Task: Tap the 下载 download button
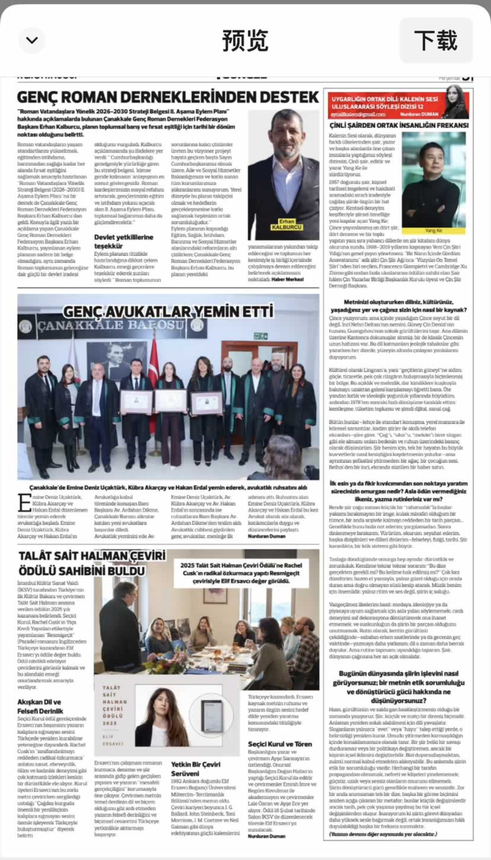436,40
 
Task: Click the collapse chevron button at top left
32,40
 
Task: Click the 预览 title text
245,40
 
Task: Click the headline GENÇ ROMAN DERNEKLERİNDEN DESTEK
168,97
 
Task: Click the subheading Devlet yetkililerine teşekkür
123,241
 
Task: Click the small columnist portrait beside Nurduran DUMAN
455,101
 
